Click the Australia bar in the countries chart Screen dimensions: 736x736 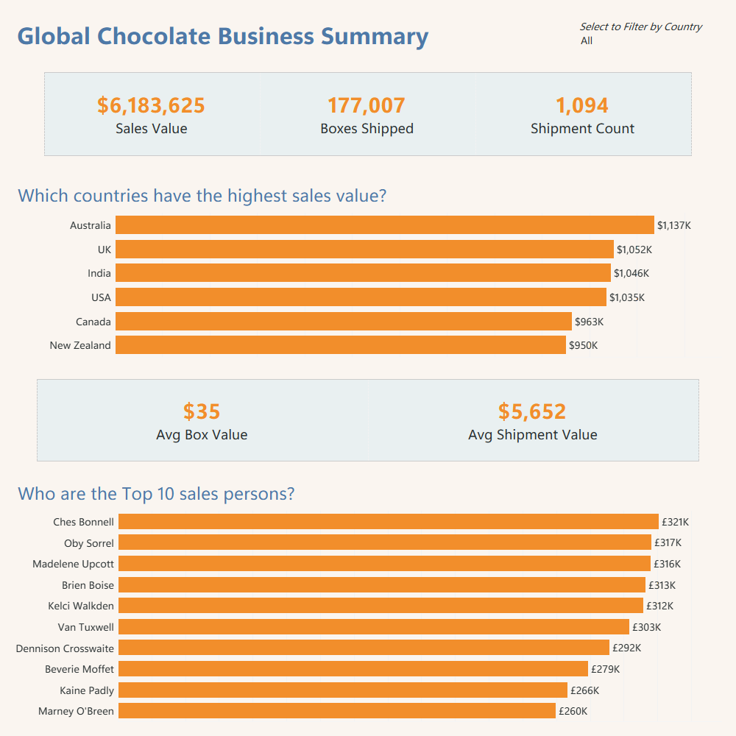click(384, 225)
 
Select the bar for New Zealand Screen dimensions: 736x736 click(341, 345)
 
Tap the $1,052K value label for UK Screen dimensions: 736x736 click(634, 250)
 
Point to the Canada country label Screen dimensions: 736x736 click(93, 322)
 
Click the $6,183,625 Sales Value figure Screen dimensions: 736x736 click(151, 106)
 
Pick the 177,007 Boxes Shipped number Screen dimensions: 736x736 click(367, 106)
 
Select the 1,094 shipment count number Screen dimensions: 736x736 click(582, 106)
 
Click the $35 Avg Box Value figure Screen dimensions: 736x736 click(202, 411)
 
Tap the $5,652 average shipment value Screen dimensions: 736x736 click(532, 411)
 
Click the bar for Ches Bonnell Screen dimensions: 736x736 click(388, 522)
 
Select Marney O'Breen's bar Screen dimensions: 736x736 click(336, 711)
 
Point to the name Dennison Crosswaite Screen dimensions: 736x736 click(65, 648)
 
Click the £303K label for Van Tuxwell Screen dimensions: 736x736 click(647, 627)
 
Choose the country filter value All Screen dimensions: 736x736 click(587, 41)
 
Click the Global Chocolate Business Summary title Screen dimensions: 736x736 click(222, 37)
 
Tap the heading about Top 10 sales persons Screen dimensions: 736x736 click(156, 493)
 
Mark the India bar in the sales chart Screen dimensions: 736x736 click(363, 273)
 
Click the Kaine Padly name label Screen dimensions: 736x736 click(87, 690)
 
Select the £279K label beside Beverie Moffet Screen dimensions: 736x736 click(606, 669)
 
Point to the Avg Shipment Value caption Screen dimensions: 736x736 click(532, 435)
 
